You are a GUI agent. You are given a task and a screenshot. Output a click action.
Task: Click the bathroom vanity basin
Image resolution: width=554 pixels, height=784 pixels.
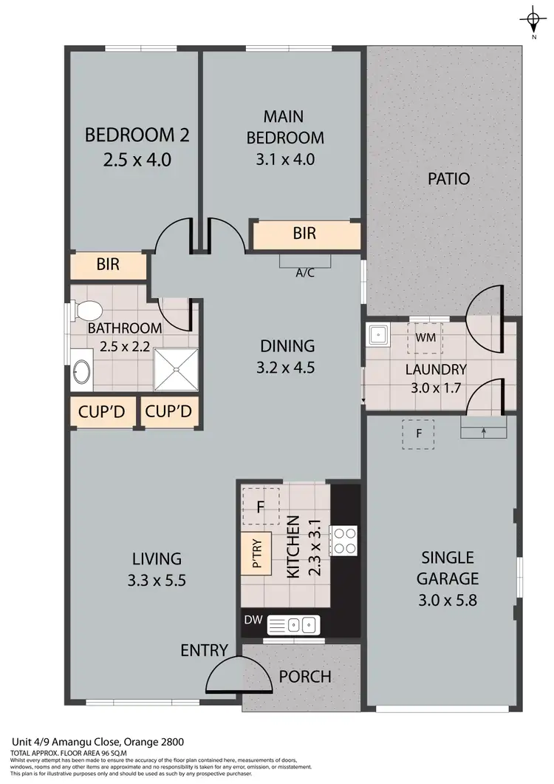point(81,374)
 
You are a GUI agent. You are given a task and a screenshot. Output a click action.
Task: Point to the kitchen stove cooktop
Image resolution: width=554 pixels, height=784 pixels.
point(343,539)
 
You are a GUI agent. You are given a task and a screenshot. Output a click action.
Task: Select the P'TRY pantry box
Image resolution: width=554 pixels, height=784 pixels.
point(257,552)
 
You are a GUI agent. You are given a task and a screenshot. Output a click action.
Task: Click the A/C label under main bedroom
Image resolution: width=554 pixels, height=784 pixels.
point(305,272)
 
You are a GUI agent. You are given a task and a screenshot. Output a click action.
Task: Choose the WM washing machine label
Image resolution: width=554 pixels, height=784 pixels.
point(425,337)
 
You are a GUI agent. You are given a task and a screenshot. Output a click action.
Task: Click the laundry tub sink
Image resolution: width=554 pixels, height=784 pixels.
point(379,335)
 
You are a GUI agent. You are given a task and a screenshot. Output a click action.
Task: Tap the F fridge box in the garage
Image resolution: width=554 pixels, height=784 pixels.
point(418,434)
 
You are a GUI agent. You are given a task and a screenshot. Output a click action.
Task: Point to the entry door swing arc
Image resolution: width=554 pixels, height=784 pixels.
point(229,675)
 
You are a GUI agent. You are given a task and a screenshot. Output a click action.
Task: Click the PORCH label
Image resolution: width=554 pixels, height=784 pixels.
point(304,677)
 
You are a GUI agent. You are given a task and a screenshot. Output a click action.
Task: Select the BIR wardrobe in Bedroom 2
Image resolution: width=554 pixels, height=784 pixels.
point(109,264)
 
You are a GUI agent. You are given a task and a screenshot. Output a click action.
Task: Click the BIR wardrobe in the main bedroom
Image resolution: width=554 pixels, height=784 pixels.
point(304,234)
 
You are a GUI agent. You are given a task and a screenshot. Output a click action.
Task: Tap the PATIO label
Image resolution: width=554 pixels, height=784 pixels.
point(448,178)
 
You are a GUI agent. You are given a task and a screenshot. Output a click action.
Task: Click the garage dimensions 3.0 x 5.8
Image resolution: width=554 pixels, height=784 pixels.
point(448,600)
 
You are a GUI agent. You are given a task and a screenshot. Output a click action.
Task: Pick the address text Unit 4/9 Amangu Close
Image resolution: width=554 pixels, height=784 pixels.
point(97,741)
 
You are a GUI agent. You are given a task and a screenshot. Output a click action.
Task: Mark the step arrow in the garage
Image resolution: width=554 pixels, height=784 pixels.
point(484,430)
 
